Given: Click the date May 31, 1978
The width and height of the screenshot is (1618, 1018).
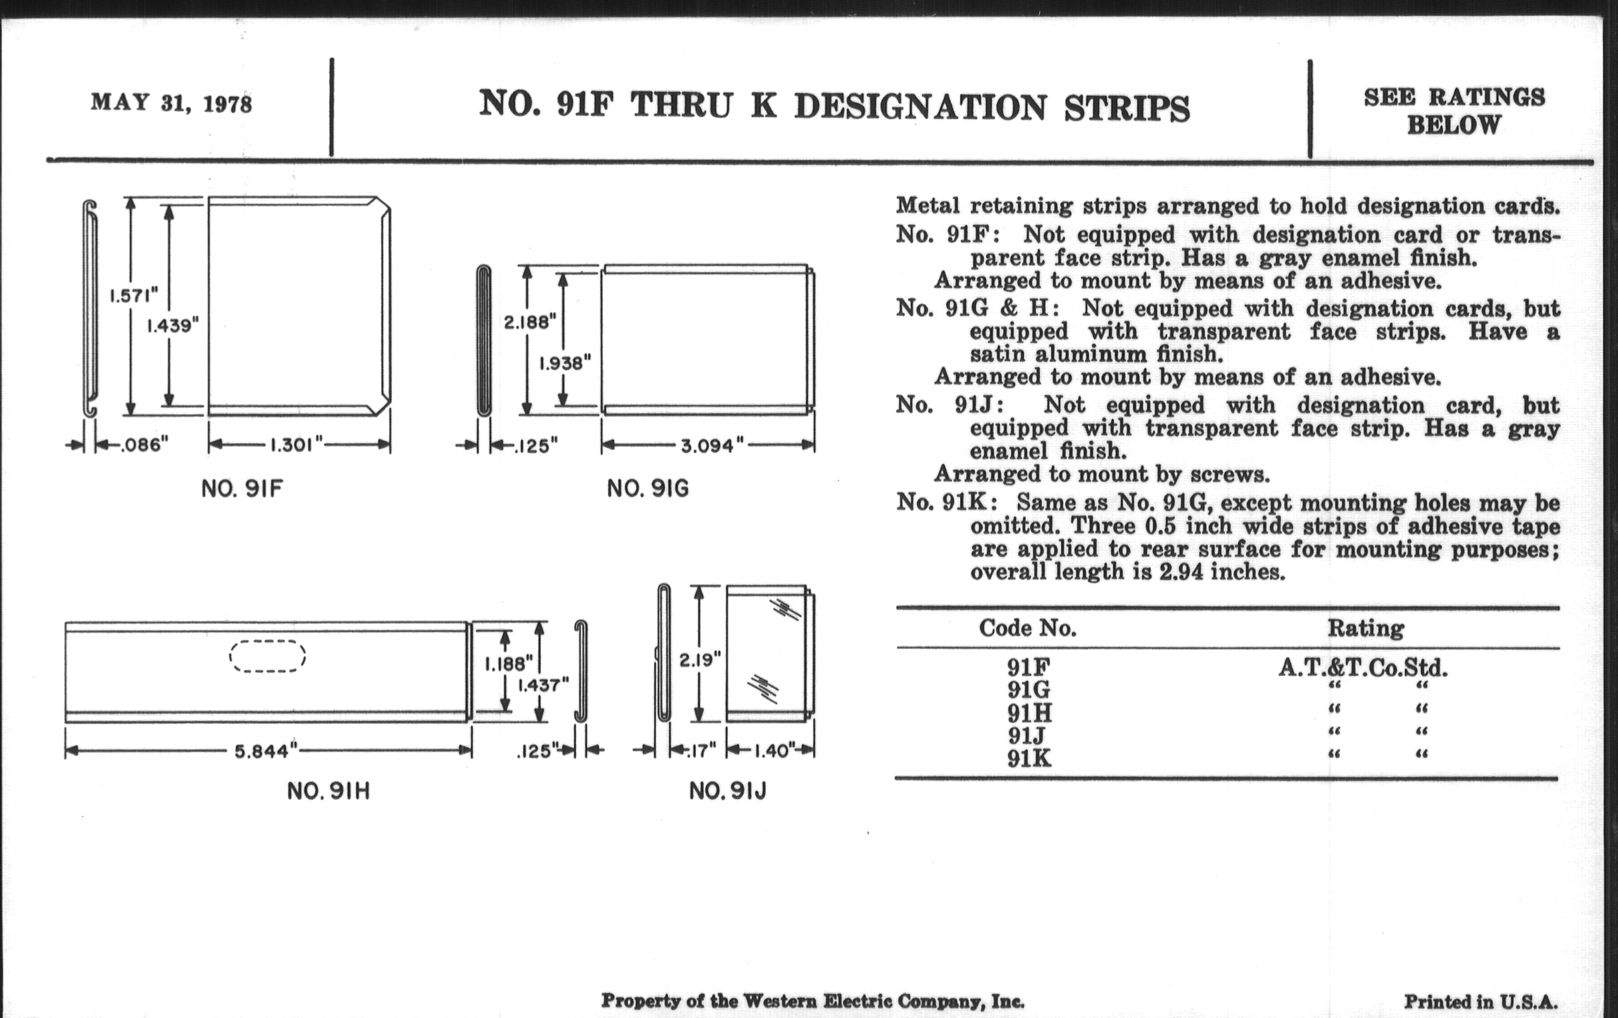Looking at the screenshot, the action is coord(172,104).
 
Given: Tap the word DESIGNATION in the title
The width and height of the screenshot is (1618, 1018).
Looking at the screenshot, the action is coord(920,108).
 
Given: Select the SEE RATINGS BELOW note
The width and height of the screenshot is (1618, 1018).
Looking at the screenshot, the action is coord(1454,111).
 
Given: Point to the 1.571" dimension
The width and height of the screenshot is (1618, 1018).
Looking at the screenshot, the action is coord(134,295).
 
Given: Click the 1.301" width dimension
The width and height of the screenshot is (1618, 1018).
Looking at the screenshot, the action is coord(296,445).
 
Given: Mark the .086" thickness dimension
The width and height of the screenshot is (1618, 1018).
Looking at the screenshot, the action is coord(144,445).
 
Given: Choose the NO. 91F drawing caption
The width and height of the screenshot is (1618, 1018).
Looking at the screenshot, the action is coord(242,488).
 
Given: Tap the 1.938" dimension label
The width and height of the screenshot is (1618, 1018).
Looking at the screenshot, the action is coord(566,363).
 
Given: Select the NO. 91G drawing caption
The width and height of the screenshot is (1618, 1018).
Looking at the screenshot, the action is coord(648,488).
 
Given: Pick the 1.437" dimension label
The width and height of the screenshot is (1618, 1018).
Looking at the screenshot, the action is coord(543,685).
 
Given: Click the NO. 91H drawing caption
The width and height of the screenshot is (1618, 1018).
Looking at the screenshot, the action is coord(329,792).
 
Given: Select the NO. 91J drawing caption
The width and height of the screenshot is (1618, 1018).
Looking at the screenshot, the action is coord(728,792).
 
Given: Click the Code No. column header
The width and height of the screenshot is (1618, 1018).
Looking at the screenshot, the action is coord(1027,627).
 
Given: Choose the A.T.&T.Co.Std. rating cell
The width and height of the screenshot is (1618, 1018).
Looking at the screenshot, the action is coord(1363,668).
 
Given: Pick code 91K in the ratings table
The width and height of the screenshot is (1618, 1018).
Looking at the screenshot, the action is coord(1029,759).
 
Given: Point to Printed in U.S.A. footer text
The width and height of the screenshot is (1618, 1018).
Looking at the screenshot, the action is coord(1481,1002).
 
